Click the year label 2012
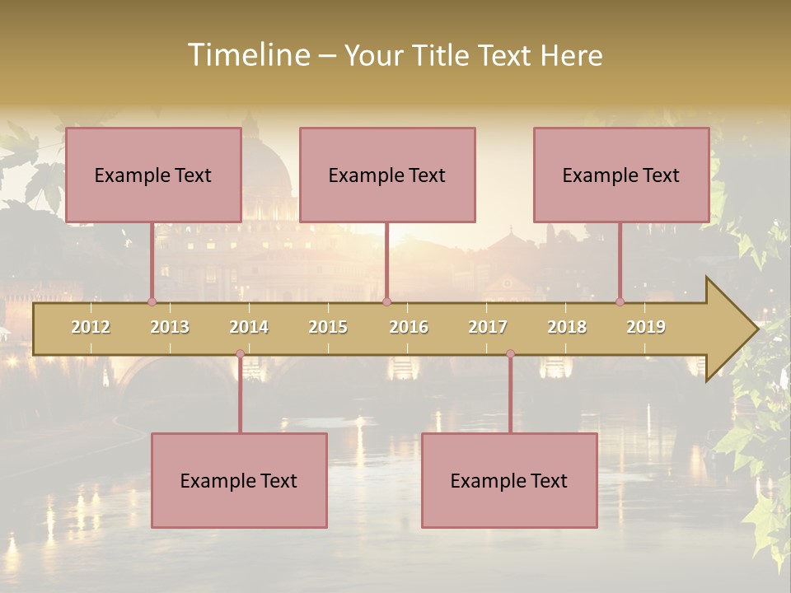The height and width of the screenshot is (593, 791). point(91,327)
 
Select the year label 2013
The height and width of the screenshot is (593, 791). point(170,327)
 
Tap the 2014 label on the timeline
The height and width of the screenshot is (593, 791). point(249,327)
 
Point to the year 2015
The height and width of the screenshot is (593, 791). point(328,327)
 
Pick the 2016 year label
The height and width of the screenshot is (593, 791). point(409,327)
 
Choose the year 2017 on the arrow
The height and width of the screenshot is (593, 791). point(488,327)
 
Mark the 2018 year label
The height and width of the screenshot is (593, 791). point(567,327)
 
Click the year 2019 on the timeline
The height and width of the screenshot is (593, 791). point(646,327)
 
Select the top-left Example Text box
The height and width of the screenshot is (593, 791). point(153,175)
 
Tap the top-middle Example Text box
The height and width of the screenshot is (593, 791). point(387,175)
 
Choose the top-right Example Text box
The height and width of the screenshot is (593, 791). point(621,175)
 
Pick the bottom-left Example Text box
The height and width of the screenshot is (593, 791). point(239,481)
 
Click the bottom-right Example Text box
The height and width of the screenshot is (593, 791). point(509,481)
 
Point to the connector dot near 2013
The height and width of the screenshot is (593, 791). point(152,301)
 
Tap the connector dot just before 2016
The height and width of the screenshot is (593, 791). point(386,301)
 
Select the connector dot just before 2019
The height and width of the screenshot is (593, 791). point(620,301)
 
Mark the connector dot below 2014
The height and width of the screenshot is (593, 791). point(240,354)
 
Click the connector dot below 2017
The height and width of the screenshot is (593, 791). point(510,354)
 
